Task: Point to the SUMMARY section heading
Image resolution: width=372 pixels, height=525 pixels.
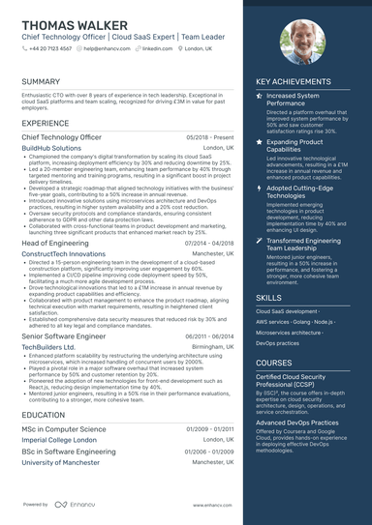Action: point(41,82)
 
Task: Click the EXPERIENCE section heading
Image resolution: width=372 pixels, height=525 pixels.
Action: point(45,124)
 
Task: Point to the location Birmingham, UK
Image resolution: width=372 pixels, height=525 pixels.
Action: point(212,345)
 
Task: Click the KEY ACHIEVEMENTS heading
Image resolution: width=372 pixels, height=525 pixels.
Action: point(297,82)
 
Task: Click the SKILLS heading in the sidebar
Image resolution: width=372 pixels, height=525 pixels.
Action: point(269,298)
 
